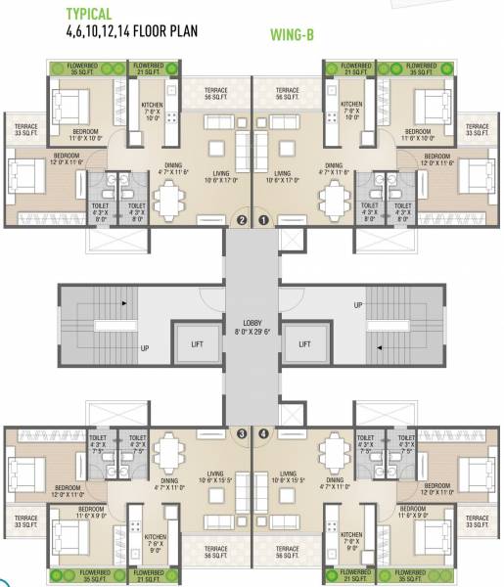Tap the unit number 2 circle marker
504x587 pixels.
[241, 220]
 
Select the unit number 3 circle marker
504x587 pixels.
[241, 432]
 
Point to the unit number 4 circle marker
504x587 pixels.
[263, 432]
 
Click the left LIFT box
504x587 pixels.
[194, 344]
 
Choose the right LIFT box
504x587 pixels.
[304, 344]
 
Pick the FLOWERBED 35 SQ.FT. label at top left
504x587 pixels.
[71, 68]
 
